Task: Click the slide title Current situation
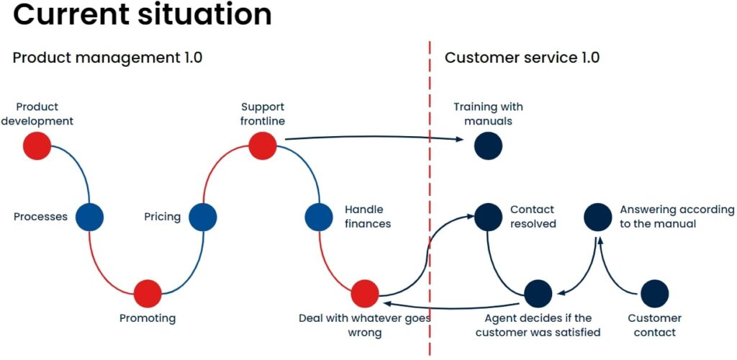click(143, 15)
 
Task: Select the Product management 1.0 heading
click(107, 58)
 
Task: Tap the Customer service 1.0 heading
click(522, 58)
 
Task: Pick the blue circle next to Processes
click(89, 217)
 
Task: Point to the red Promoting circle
click(148, 293)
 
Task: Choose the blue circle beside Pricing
click(203, 217)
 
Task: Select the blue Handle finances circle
click(318, 217)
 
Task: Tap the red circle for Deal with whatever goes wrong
click(365, 294)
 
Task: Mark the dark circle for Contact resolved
click(488, 217)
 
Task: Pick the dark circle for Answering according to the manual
click(597, 217)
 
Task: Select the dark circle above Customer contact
click(654, 294)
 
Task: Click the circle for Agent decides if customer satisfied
click(538, 294)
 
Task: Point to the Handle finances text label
click(368, 217)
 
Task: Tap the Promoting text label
click(148, 318)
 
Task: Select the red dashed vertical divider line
click(430, 180)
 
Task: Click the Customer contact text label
click(654, 325)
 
